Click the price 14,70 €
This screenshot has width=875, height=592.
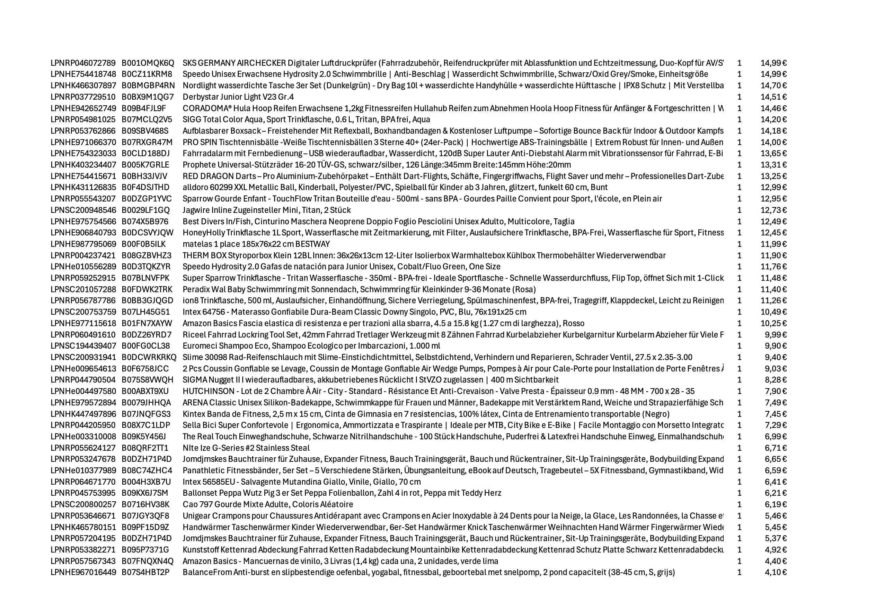coord(774,86)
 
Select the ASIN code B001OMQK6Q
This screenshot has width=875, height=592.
coord(148,63)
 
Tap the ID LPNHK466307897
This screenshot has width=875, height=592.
coord(83,86)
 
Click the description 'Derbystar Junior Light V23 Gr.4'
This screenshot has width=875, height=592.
coord(238,97)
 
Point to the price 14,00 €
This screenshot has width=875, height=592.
coord(774,142)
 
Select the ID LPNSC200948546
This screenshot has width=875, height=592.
coord(83,210)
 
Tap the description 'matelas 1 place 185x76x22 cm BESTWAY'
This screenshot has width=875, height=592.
coord(256,244)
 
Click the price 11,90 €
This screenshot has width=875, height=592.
coord(774,255)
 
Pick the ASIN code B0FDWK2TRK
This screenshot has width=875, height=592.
coord(147,289)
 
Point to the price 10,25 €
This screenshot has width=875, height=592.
coord(774,323)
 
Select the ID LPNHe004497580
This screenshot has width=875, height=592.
coord(83,391)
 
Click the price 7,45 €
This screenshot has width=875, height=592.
coord(775,414)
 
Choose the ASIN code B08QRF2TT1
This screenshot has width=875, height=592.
coord(144,448)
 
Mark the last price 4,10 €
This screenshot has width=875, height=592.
coord(775,572)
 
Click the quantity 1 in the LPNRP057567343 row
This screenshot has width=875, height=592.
coord(739,561)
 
